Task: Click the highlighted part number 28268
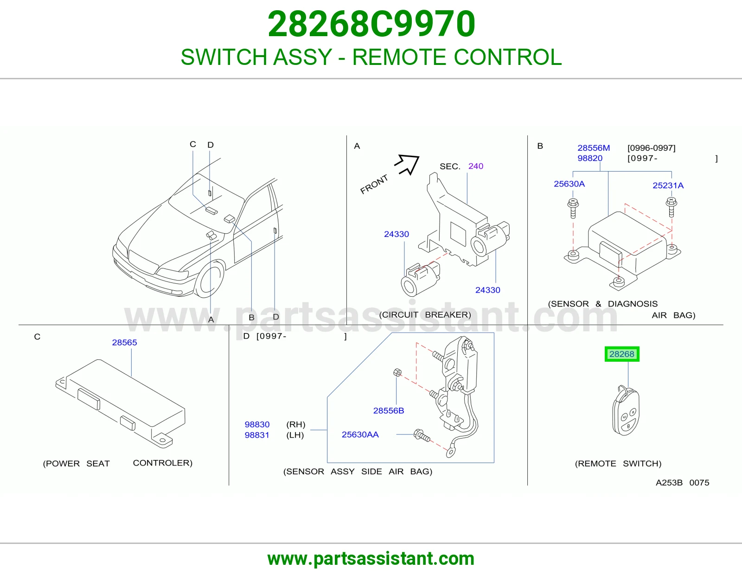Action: pyautogui.click(x=622, y=354)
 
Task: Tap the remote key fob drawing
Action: pyautogui.click(x=626, y=410)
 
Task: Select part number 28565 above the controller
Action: pyautogui.click(x=124, y=343)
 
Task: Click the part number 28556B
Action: pyautogui.click(x=389, y=410)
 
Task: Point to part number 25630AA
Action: pyautogui.click(x=360, y=434)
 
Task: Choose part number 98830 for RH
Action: pyautogui.click(x=257, y=424)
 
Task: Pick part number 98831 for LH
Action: pyautogui.click(x=257, y=435)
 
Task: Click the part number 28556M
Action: pyautogui.click(x=594, y=148)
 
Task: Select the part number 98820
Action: pyautogui.click(x=590, y=158)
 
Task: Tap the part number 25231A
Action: pyautogui.click(x=668, y=185)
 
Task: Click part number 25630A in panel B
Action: pyautogui.click(x=569, y=184)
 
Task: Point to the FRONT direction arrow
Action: pyautogui.click(x=407, y=164)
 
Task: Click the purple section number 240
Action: pyautogui.click(x=476, y=166)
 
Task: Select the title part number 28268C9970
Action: pyautogui.click(x=371, y=24)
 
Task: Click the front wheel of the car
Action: pyautogui.click(x=210, y=278)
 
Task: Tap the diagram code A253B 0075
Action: pyautogui.click(x=682, y=482)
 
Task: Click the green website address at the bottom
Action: pyautogui.click(x=371, y=559)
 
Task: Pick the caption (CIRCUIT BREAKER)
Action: pyautogui.click(x=425, y=314)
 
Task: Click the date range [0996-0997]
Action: pyautogui.click(x=652, y=148)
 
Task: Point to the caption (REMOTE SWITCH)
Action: pyautogui.click(x=618, y=463)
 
